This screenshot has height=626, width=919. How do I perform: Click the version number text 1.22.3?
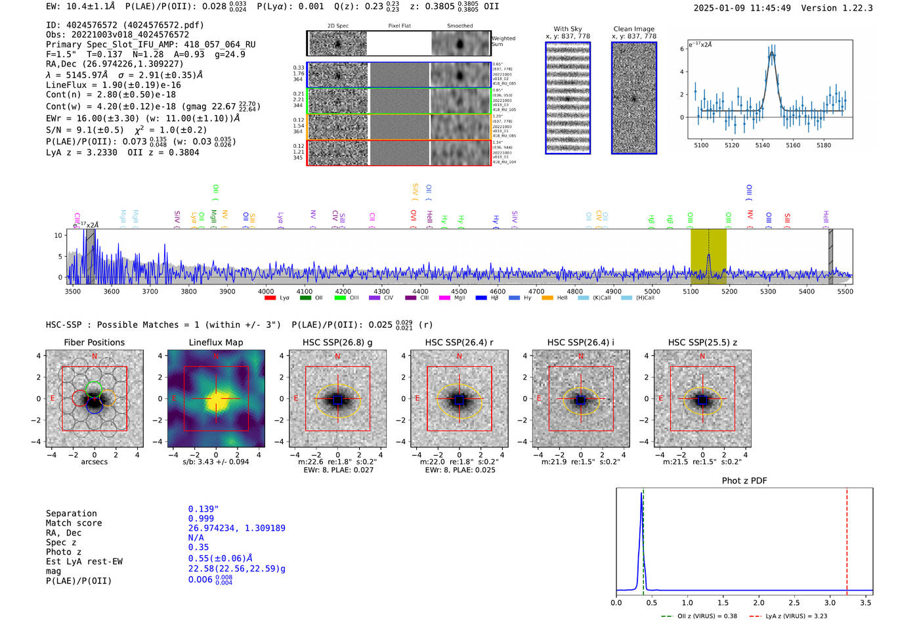[x=851, y=8]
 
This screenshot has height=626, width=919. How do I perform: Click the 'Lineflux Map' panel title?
[x=215, y=342]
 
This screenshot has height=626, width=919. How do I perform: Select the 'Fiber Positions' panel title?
[x=94, y=342]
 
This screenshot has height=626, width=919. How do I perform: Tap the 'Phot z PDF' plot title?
[x=744, y=481]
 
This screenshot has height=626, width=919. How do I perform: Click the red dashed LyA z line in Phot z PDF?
[x=847, y=539]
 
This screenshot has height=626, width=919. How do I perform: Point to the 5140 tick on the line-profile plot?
[x=762, y=145]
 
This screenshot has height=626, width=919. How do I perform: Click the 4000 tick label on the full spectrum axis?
[x=266, y=291]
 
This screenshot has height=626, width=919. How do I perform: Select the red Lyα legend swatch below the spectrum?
[x=270, y=298]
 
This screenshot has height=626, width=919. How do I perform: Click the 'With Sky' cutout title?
[x=568, y=29]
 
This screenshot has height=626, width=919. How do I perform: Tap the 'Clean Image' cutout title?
[x=633, y=29]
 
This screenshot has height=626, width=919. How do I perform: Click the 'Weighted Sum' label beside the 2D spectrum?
[x=503, y=41]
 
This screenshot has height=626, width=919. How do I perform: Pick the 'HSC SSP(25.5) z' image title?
[x=702, y=342]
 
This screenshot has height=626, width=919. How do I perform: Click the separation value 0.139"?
[x=203, y=509]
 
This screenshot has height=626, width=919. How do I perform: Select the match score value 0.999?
[x=201, y=518]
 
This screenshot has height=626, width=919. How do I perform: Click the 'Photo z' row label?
[x=64, y=552]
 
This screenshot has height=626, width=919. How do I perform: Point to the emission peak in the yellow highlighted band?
[x=708, y=256]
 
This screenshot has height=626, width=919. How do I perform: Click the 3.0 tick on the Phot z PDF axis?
[x=830, y=602]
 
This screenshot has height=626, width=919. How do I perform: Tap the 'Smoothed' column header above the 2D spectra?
[x=460, y=26]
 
